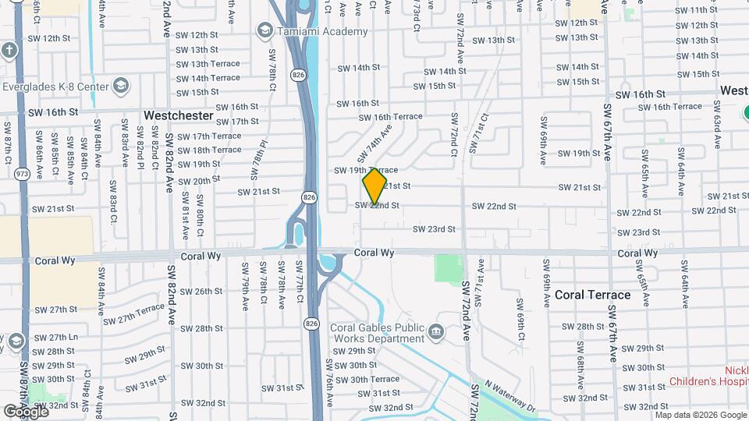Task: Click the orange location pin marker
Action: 374,186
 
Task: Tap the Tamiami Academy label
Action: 321,31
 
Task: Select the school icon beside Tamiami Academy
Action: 264,30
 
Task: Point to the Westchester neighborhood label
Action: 178,115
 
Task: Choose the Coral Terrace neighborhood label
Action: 592,295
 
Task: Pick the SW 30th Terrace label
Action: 368,379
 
